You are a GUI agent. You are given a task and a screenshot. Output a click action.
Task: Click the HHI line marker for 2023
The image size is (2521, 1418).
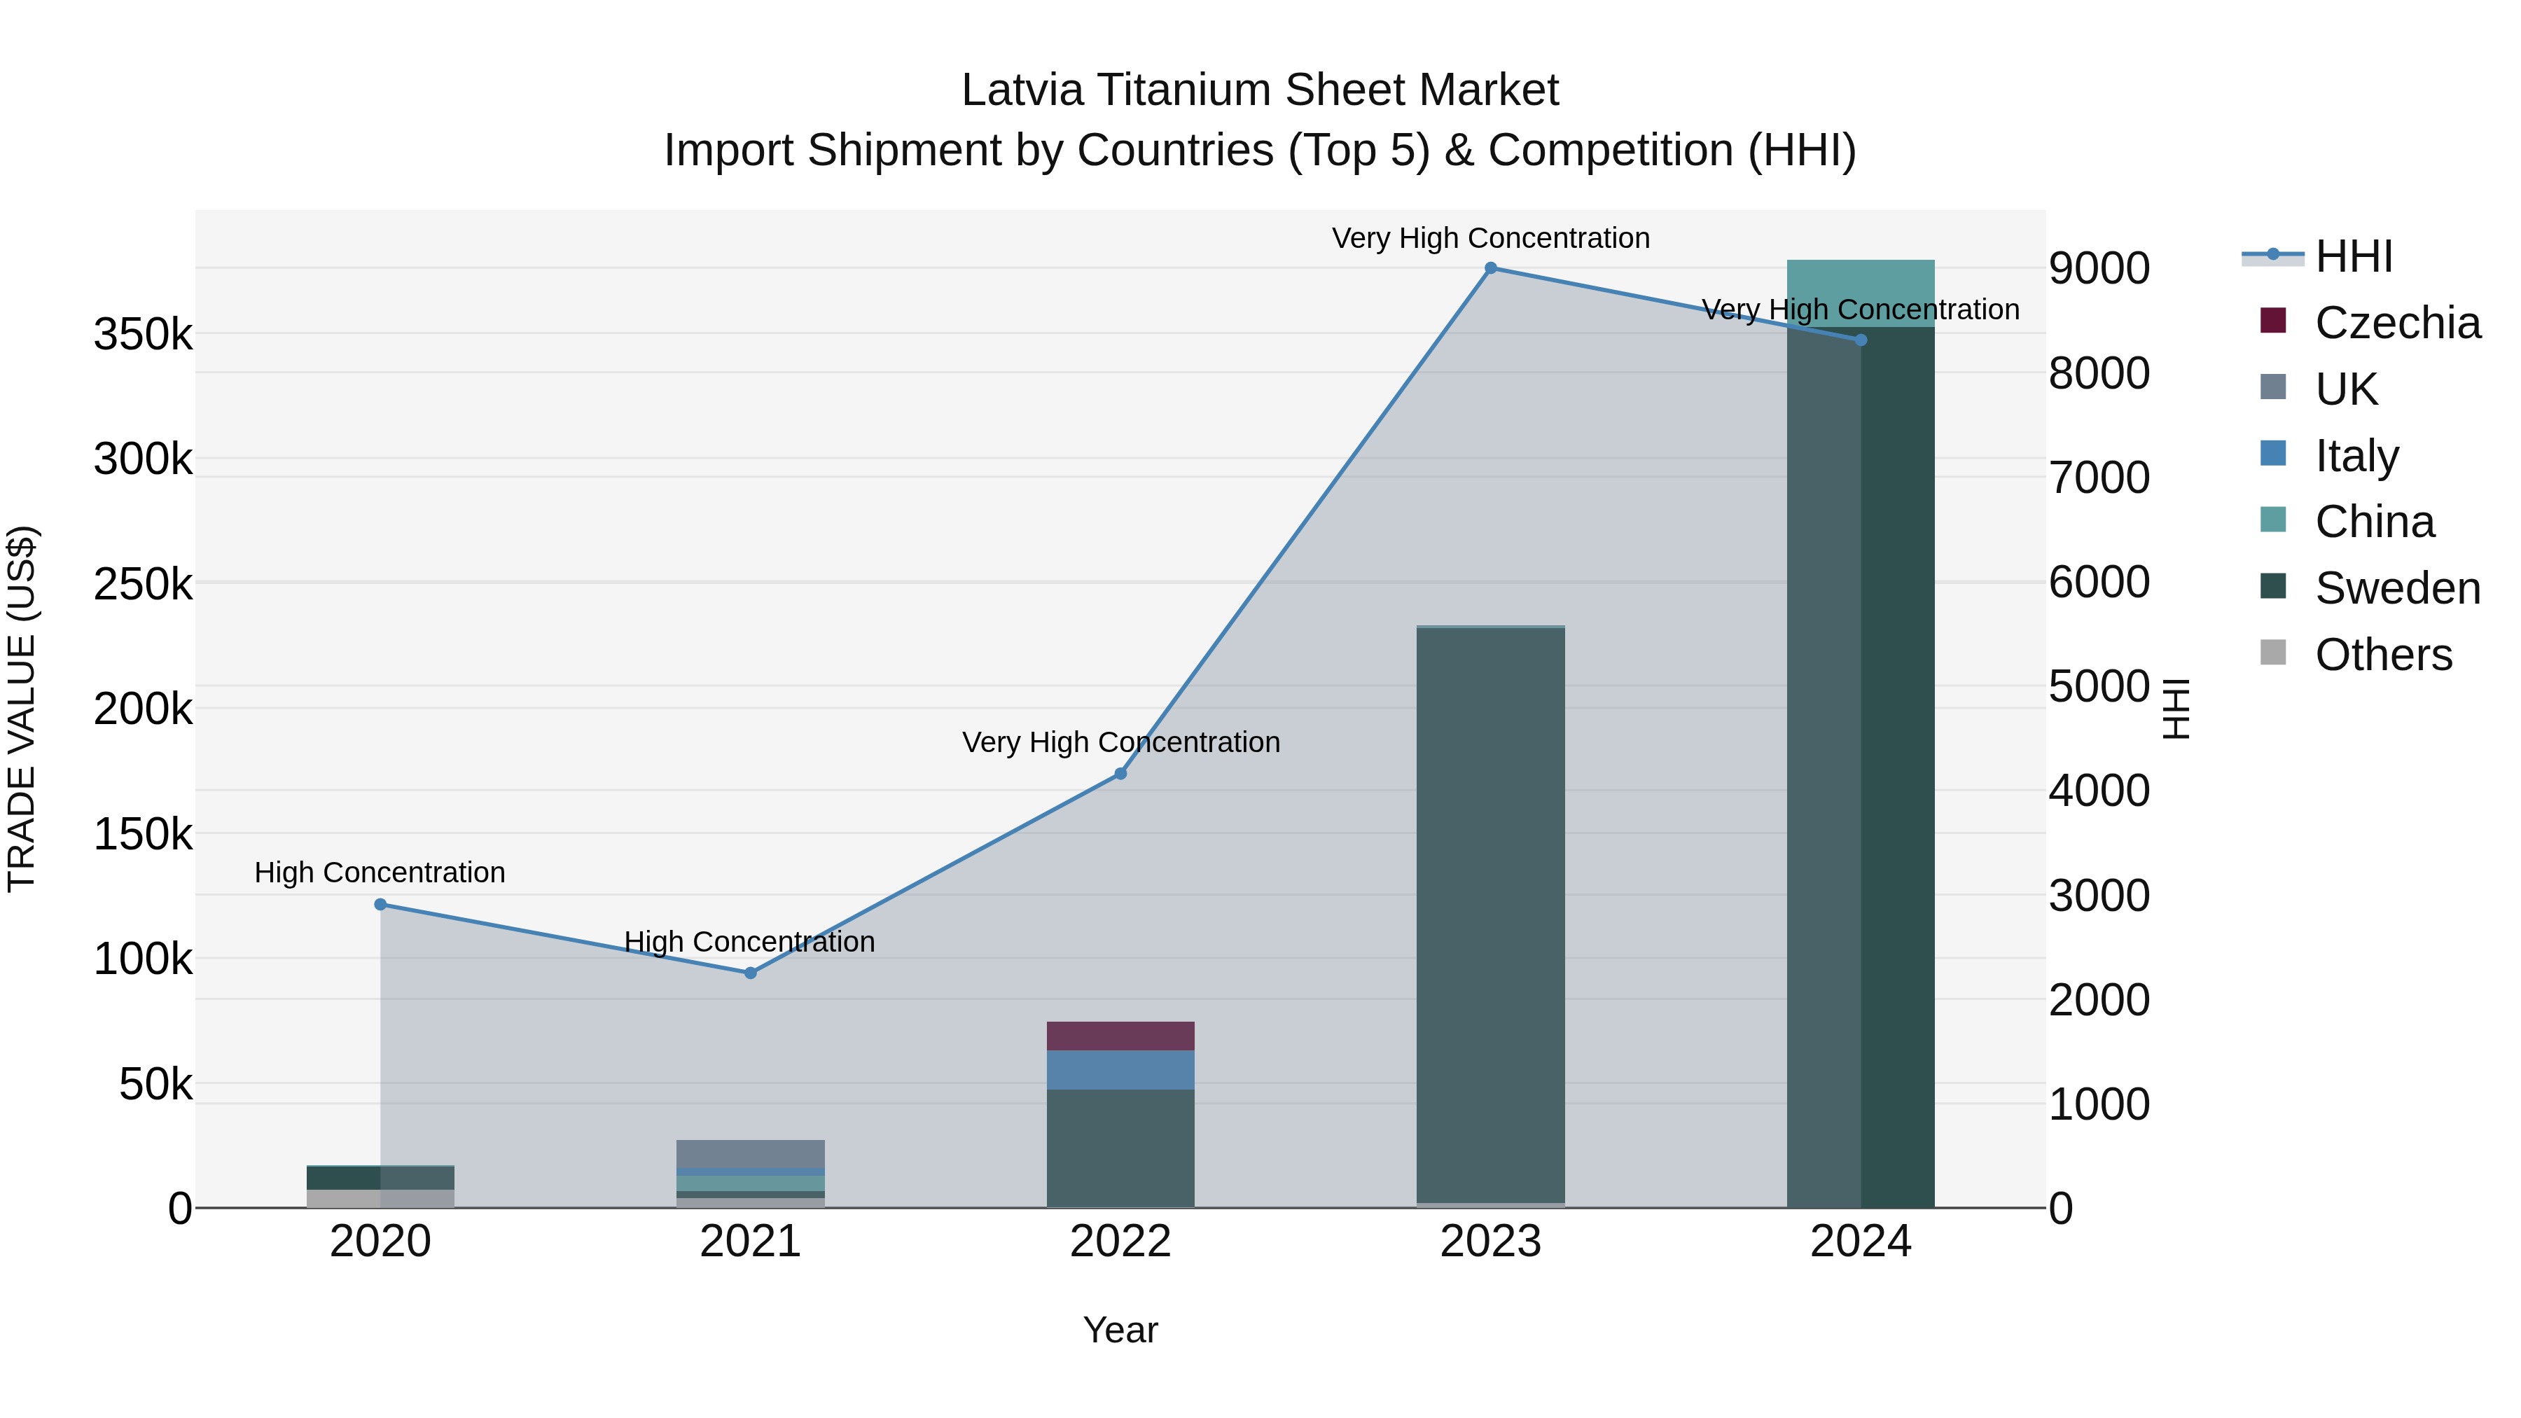[1490, 267]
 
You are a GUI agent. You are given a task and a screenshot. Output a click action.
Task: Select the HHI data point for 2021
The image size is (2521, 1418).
[751, 973]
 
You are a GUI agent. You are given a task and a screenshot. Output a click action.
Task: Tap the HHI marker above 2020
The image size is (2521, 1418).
[381, 904]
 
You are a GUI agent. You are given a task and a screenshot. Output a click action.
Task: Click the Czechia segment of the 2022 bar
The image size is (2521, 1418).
[1120, 1036]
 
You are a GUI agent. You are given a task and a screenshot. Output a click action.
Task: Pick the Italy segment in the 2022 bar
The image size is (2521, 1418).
[1120, 1069]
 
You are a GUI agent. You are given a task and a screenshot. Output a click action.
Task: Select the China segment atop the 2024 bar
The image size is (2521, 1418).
[1861, 293]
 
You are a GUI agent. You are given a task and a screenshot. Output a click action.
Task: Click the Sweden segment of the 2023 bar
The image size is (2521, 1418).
[1490, 915]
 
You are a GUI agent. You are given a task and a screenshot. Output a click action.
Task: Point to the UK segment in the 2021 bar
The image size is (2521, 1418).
[751, 1154]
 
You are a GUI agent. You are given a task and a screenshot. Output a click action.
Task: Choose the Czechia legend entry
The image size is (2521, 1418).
[2397, 323]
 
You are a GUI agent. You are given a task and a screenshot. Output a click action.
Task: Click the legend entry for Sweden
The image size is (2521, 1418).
[2397, 588]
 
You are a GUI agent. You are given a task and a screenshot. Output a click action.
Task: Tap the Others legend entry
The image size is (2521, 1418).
[2383, 655]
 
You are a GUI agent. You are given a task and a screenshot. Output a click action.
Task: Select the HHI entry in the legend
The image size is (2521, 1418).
[2354, 256]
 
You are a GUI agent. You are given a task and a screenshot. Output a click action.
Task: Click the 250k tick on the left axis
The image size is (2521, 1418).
[143, 585]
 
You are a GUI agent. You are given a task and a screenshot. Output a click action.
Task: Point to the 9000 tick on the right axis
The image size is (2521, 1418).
[2099, 268]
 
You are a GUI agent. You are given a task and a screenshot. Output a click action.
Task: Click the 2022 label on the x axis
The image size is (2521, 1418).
[1120, 1242]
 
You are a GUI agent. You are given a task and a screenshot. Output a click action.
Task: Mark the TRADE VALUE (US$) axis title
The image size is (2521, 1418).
[22, 709]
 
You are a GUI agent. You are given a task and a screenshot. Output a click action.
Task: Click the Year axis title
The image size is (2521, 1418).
[1120, 1330]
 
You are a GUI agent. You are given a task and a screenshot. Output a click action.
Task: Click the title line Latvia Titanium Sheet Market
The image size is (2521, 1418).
[1260, 90]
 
